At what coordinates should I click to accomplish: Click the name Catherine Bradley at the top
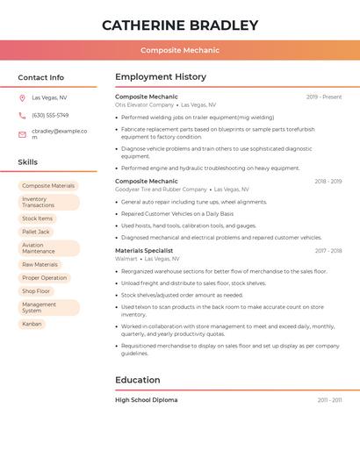coord(180,25)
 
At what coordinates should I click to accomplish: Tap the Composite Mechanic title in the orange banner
coord(180,50)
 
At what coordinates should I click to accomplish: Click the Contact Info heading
coord(41,77)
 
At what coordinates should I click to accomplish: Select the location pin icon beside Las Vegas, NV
coord(22,97)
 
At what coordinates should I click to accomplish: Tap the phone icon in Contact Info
coord(22,115)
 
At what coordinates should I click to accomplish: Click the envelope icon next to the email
coord(22,134)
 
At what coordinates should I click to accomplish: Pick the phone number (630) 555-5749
coord(50,115)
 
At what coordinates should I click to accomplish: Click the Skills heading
coord(28,162)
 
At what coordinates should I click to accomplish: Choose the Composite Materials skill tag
coord(48,186)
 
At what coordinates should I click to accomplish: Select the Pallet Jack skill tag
coord(36,232)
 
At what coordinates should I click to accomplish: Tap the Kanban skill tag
coord(32,324)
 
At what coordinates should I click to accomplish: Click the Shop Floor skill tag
coord(36,291)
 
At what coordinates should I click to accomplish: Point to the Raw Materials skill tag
coord(40,264)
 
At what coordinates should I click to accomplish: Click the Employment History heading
coord(161,77)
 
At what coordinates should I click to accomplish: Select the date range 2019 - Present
coord(324,97)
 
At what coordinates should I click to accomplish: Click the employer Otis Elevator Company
coord(145,104)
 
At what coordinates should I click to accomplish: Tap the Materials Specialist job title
coord(144,251)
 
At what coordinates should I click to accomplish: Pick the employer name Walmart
coord(126,259)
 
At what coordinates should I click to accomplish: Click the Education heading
coord(138,380)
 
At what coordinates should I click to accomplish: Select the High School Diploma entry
coord(146,400)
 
